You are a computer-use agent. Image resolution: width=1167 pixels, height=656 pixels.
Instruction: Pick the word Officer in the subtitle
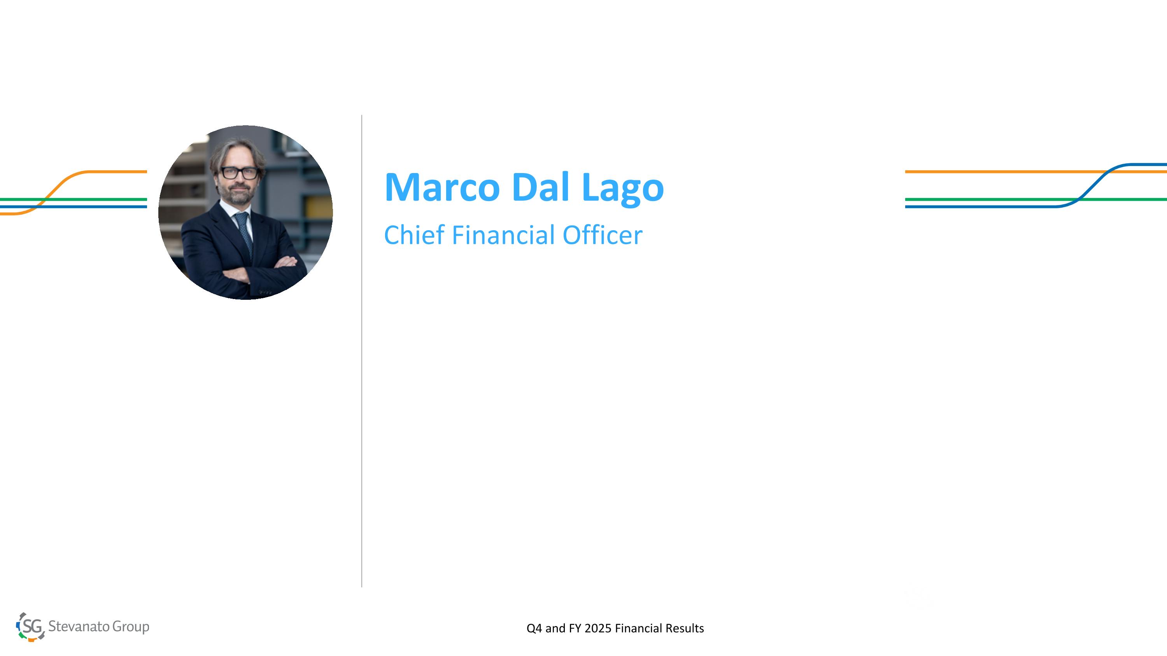(603, 235)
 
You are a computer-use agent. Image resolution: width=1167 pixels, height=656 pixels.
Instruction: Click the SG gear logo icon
(30, 626)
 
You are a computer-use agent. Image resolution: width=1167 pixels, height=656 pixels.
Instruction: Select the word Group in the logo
(131, 627)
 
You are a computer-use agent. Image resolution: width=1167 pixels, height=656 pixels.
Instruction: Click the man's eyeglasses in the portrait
(240, 173)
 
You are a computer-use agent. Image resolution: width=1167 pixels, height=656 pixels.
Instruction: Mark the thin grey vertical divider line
(361, 351)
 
